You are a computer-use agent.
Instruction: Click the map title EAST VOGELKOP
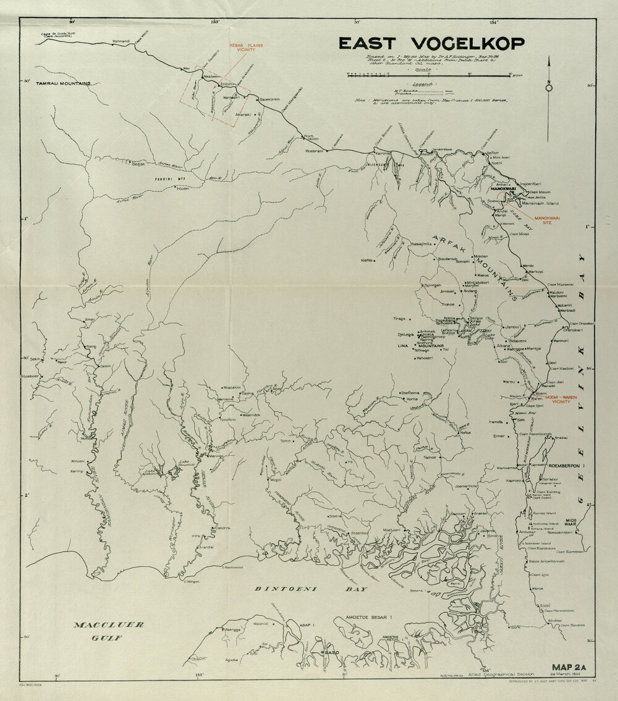coord(431,43)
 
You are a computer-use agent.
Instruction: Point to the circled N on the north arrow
coord(549,87)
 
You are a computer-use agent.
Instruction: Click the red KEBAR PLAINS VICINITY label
coord(242,47)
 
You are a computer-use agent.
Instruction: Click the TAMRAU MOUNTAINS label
coord(63,83)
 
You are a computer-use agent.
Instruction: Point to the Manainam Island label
coord(543,203)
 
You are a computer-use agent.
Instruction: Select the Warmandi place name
coord(121,41)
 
